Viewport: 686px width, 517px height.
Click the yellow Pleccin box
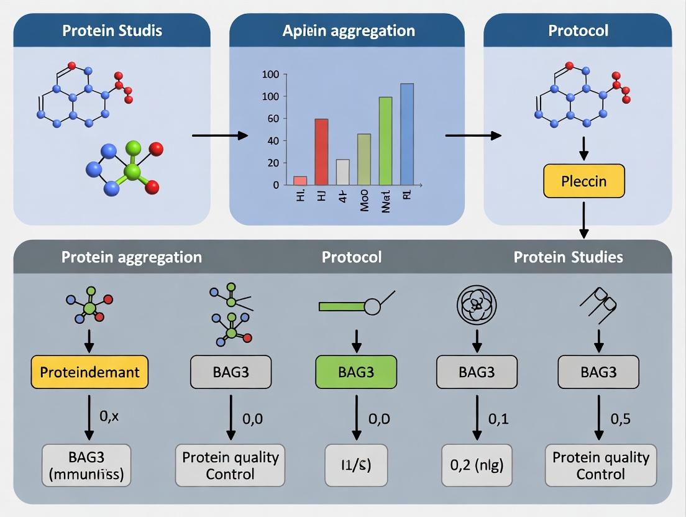(583, 181)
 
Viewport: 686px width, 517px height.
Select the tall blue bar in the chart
(406, 134)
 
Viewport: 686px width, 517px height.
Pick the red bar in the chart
(321, 152)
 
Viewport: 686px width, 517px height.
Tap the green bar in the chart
(385, 141)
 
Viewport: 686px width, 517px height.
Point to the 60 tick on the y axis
(271, 119)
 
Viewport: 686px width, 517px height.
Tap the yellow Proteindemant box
(89, 372)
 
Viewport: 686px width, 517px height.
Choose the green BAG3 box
(356, 372)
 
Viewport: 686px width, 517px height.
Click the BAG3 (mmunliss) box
(86, 465)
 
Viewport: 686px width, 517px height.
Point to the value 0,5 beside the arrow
(621, 419)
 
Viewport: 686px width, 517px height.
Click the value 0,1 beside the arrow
(498, 419)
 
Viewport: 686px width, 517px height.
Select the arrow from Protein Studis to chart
(219, 135)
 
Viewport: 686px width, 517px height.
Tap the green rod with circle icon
(355, 305)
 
